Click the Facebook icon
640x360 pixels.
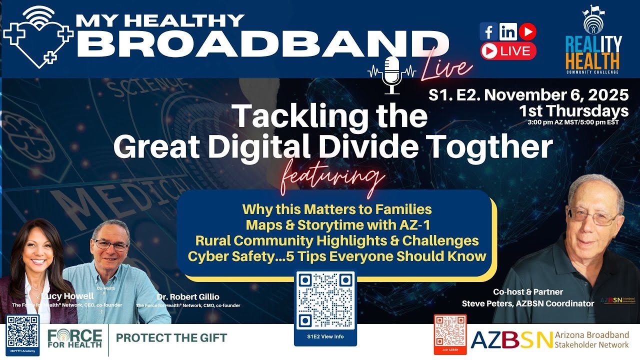point(488,32)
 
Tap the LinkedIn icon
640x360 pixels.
point(508,32)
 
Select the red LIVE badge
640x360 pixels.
point(508,50)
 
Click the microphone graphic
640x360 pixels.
point(392,74)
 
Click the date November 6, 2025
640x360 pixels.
point(565,94)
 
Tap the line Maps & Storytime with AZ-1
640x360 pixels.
point(336,224)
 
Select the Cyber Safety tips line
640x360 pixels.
point(337,256)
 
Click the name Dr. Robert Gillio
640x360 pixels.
point(188,296)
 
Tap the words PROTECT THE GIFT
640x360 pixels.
point(171,337)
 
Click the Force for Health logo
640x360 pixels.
point(75,338)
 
